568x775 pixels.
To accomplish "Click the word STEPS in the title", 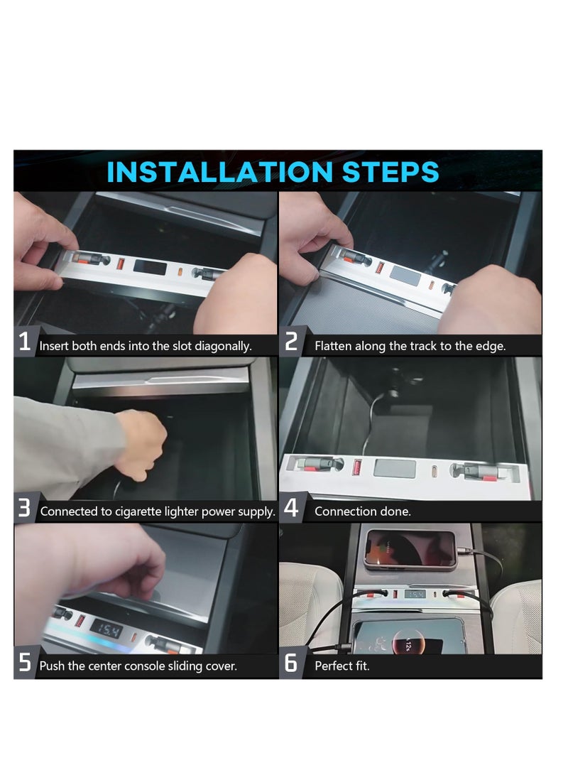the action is click(390, 172).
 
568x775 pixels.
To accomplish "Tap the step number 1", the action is click(25, 342).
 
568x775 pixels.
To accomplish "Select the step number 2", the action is click(291, 342).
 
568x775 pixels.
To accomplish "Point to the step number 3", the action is click(24, 508).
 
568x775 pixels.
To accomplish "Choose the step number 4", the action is click(291, 508).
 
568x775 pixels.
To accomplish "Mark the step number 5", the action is click(25, 662).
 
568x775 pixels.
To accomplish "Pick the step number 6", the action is click(291, 662).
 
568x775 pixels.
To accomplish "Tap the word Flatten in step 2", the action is click(332, 346).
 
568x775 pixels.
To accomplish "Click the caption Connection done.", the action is click(363, 511).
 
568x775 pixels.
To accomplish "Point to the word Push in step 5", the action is click(52, 666).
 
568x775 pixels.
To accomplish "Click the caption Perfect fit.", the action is click(342, 666).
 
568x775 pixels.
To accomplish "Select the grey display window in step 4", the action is click(395, 468).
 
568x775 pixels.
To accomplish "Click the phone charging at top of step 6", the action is click(410, 550).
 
